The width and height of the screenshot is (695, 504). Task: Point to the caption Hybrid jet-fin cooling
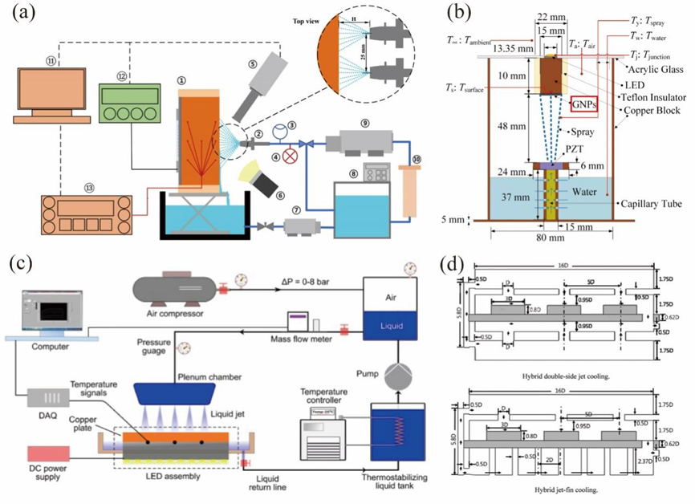(x=561, y=489)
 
